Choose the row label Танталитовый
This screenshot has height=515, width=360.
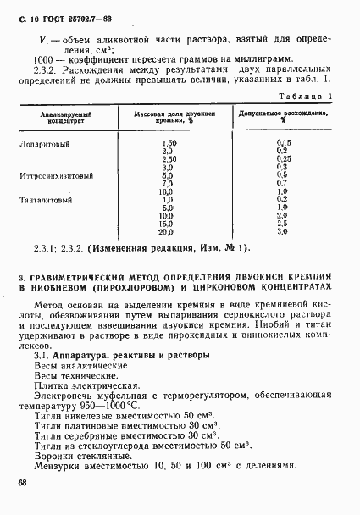[x=46, y=200]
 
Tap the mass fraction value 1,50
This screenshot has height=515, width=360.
[x=169, y=143]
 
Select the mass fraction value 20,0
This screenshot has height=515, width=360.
[x=166, y=231]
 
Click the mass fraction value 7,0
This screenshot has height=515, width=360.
[x=167, y=183]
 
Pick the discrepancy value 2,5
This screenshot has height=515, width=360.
[x=284, y=224]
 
